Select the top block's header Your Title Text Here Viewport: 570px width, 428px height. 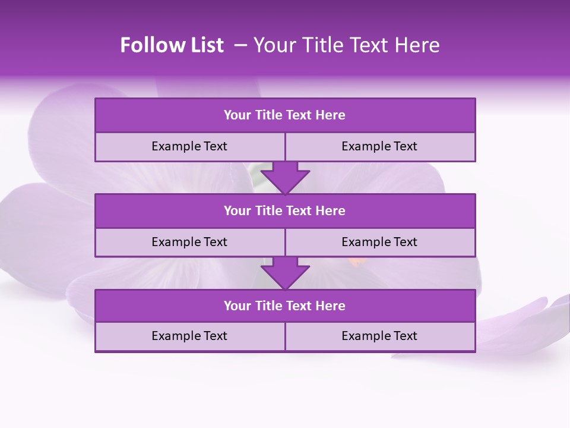coord(284,115)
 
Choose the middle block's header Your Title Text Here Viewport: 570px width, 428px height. coord(284,210)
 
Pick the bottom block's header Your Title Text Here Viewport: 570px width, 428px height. coord(284,306)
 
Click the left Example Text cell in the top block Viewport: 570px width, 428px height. coord(189,146)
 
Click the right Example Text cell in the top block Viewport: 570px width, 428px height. coord(379,146)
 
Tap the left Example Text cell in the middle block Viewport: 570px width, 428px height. coord(189,242)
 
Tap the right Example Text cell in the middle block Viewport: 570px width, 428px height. coord(379,242)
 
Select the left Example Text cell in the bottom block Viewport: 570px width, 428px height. coord(189,336)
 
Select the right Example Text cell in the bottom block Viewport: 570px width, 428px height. coord(379,336)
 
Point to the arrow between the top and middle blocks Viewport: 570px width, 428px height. coord(285,177)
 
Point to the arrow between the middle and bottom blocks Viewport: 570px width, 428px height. coord(285,273)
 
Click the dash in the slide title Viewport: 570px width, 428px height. coord(240,45)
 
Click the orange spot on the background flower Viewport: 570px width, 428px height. coord(354,262)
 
